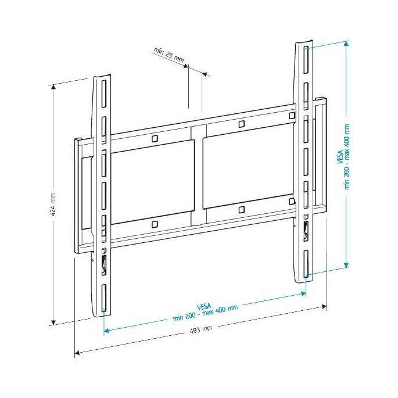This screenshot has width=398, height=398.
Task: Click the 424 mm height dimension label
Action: point(52,205)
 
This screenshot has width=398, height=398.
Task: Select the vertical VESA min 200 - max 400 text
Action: point(344,157)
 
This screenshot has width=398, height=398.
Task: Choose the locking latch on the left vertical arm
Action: point(104,265)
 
